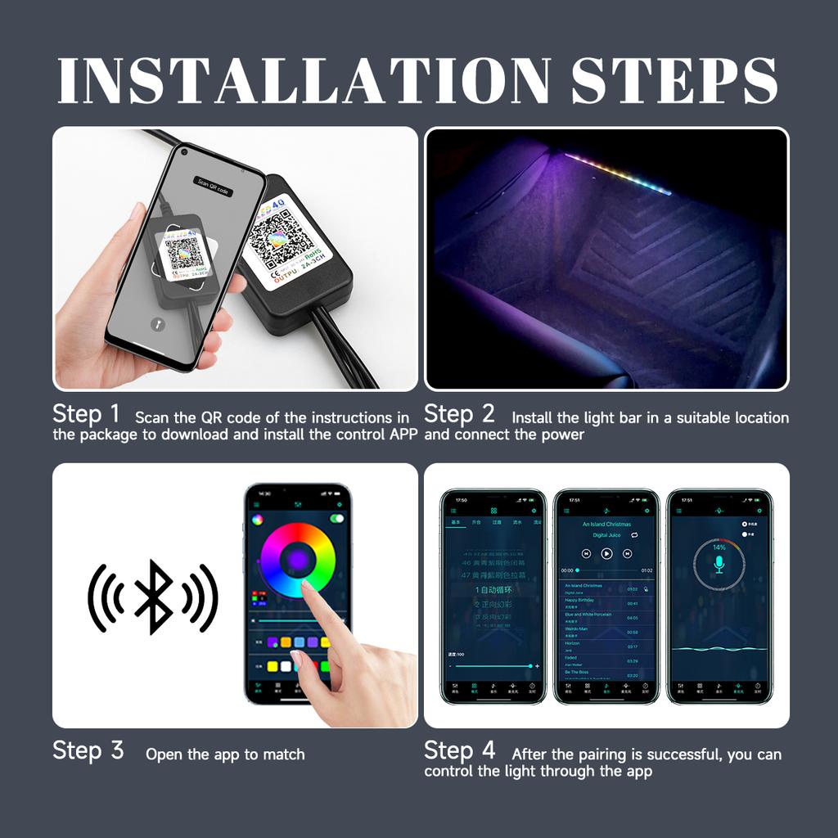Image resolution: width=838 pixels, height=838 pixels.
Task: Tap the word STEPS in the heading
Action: point(674,80)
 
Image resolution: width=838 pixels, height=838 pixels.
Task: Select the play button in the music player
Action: point(606,553)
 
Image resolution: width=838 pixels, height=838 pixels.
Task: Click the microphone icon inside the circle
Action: point(719,564)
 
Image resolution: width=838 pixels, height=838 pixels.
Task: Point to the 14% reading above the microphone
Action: point(719,547)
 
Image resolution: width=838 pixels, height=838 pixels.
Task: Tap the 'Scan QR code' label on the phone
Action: point(214,186)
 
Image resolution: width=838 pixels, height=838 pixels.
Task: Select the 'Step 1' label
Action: point(86,414)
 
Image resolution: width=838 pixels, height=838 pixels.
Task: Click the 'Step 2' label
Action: point(459,414)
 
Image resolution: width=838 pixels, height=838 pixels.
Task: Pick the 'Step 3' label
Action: point(88,750)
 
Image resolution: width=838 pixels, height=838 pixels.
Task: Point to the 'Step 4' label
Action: point(459,750)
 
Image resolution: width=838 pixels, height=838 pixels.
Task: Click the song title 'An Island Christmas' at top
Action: point(606,524)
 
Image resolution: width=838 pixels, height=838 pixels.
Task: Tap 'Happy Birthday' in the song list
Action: point(582,600)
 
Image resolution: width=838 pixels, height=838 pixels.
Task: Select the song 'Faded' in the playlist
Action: point(572,657)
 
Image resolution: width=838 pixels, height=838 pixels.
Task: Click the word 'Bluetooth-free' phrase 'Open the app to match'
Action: point(225,755)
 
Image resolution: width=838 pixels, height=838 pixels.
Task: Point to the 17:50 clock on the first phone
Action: point(462,500)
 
